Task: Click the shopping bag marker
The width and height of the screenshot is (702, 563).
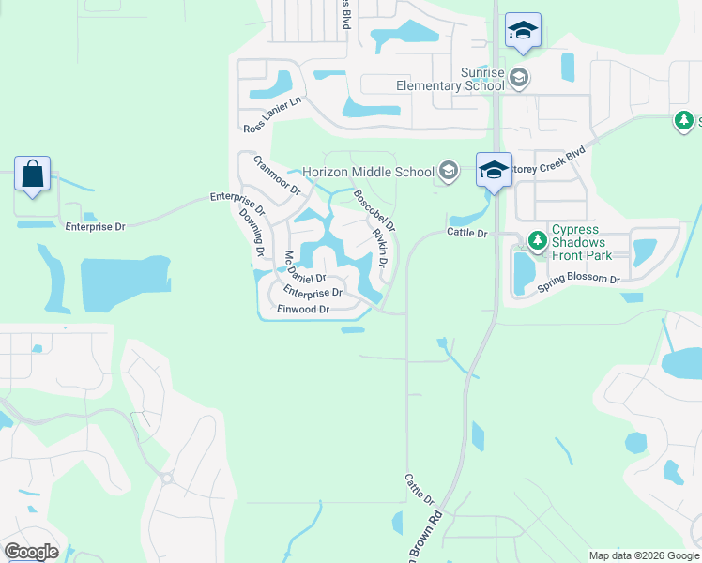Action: [33, 175]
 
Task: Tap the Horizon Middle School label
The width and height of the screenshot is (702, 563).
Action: [368, 172]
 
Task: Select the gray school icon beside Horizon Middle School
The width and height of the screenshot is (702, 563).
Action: [448, 171]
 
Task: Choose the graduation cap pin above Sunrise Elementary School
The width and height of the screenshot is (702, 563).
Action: [523, 31]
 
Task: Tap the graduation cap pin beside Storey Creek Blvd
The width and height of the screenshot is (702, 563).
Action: [494, 171]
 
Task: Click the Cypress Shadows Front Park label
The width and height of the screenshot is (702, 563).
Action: [581, 242]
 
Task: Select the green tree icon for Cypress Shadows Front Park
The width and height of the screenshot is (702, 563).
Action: [538, 241]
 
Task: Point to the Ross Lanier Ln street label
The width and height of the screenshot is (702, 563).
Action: [271, 116]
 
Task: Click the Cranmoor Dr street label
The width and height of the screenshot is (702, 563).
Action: [276, 175]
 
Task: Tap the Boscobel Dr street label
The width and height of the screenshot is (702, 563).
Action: [374, 210]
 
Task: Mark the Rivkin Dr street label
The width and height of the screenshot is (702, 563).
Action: [380, 249]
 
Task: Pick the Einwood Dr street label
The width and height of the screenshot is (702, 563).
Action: [303, 310]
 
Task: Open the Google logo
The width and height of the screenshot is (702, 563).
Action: [31, 552]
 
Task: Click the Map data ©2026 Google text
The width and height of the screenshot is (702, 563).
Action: [643, 555]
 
